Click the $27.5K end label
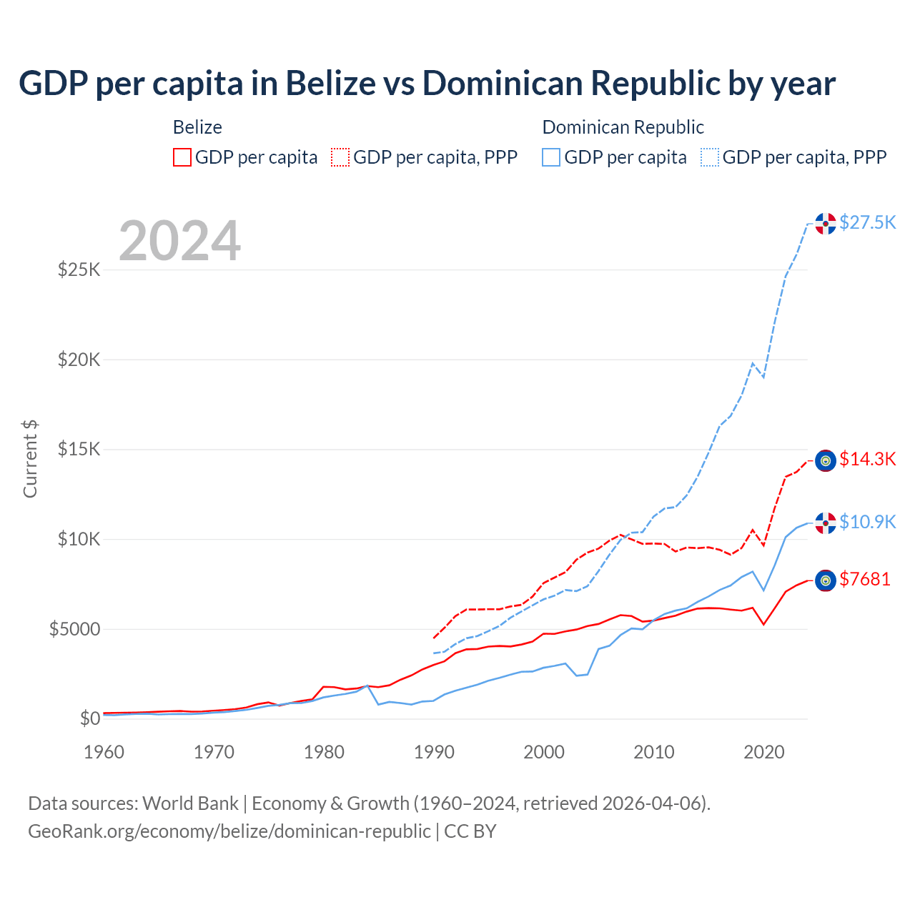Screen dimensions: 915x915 pyautogui.click(x=867, y=222)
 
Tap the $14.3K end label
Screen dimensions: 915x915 pyautogui.click(x=867, y=459)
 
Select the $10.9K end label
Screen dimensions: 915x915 pyautogui.click(x=867, y=522)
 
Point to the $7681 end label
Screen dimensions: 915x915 pyautogui.click(x=865, y=579)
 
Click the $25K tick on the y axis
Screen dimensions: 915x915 pyautogui.click(x=79, y=270)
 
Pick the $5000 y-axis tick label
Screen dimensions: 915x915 pyautogui.click(x=74, y=629)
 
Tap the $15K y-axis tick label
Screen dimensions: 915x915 pyautogui.click(x=79, y=450)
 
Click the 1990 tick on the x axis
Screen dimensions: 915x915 pyautogui.click(x=434, y=752)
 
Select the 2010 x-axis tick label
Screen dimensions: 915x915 pyautogui.click(x=654, y=752)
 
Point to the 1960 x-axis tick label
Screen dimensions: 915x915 pyautogui.click(x=104, y=752)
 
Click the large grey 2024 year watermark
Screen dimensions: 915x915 pyautogui.click(x=179, y=242)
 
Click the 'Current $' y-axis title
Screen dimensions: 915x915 pyautogui.click(x=30, y=459)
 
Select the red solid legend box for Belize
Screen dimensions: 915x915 pyautogui.click(x=182, y=157)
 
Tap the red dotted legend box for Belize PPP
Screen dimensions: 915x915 pyautogui.click(x=340, y=157)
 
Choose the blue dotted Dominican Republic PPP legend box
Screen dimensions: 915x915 pyautogui.click(x=710, y=157)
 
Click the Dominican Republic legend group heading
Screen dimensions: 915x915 pyautogui.click(x=623, y=127)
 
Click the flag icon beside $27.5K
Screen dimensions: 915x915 pyautogui.click(x=826, y=223)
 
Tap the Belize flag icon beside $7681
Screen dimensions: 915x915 pyautogui.click(x=826, y=580)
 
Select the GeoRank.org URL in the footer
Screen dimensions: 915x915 pyautogui.click(x=229, y=831)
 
